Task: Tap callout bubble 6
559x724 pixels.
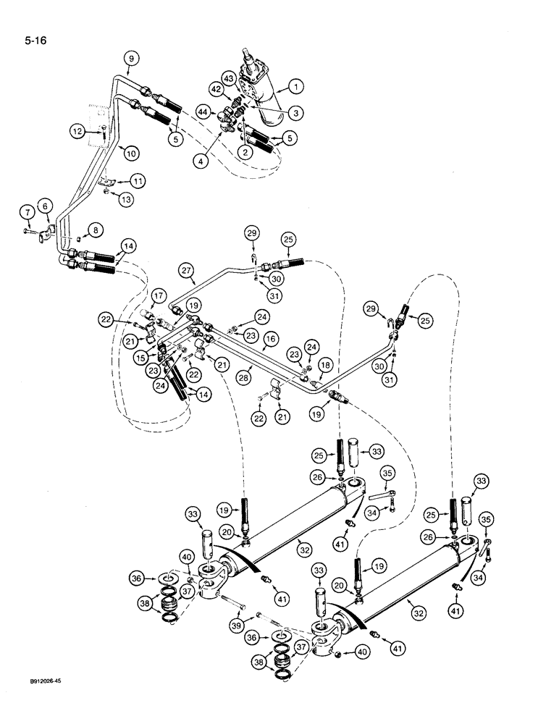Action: (45, 206)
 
